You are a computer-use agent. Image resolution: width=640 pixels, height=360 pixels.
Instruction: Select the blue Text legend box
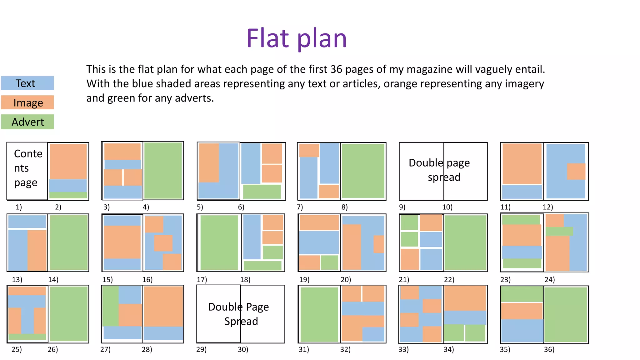click(27, 83)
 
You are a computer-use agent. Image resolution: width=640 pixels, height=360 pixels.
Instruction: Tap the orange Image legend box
click(27, 102)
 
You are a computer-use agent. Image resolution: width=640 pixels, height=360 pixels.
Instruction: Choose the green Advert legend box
click(27, 122)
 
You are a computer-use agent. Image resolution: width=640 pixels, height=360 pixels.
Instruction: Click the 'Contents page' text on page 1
click(28, 168)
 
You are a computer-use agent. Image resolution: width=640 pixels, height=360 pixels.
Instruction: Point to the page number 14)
click(53, 279)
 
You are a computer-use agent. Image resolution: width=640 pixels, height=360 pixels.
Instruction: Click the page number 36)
click(549, 349)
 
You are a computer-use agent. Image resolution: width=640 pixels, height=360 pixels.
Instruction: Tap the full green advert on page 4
click(163, 170)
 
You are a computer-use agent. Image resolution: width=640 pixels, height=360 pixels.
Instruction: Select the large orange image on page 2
click(68, 161)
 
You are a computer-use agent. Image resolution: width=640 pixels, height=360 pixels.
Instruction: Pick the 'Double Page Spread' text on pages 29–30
click(239, 314)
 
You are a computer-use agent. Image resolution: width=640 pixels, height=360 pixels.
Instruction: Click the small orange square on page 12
click(576, 171)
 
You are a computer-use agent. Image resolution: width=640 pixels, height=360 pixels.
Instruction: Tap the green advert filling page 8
click(363, 171)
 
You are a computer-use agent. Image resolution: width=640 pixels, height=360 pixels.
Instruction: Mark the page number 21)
click(404, 279)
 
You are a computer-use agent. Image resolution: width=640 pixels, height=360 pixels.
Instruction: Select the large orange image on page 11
click(522, 163)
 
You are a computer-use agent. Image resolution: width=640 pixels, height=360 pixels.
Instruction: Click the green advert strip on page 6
click(262, 191)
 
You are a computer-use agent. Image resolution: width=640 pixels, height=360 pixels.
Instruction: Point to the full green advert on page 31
click(319, 314)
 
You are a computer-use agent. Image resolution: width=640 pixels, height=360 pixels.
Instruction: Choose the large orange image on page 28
click(163, 306)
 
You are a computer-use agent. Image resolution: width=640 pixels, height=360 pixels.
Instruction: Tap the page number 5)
click(200, 207)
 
